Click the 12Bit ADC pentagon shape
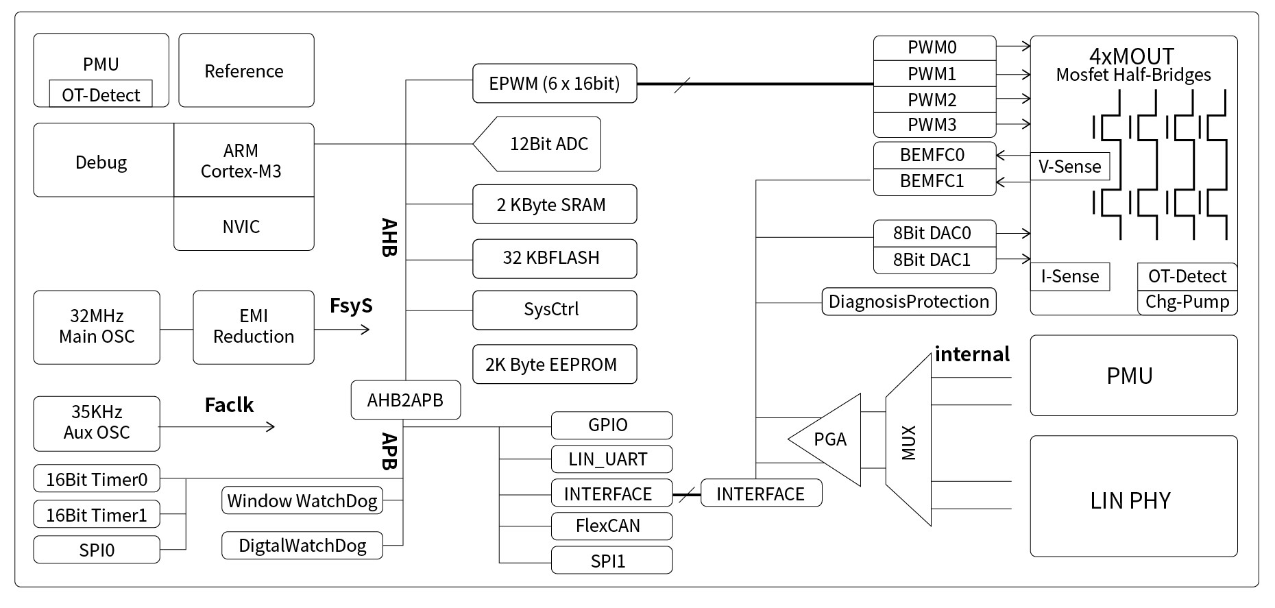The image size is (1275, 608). (542, 144)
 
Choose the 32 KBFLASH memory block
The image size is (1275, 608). (554, 258)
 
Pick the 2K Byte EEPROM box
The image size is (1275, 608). (554, 365)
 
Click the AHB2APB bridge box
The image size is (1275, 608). (405, 400)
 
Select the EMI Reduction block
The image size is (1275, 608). (253, 327)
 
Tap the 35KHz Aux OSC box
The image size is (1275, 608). (97, 423)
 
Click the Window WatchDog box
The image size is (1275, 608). (302, 501)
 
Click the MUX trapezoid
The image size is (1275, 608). (908, 442)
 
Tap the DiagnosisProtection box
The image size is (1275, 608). (908, 302)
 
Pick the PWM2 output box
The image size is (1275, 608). (934, 99)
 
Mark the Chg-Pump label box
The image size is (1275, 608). (1187, 302)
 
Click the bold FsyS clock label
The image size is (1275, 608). (351, 306)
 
